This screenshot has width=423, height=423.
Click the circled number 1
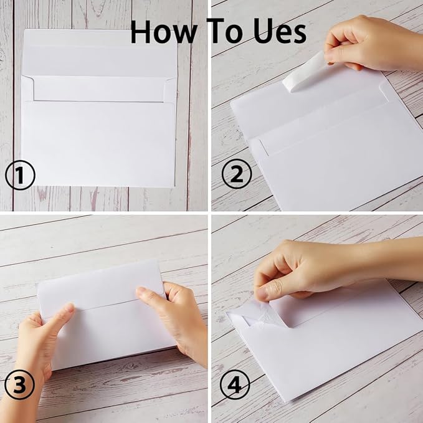[x=20, y=176]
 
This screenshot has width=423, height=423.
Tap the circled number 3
[x=20, y=387]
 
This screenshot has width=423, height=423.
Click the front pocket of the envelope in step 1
[x=100, y=143]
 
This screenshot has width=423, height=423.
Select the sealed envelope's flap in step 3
[x=100, y=287]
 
